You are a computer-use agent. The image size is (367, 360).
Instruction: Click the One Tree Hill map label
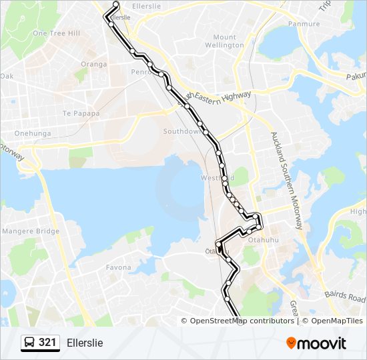[56, 33]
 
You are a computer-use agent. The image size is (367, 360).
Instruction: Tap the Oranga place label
[93, 64]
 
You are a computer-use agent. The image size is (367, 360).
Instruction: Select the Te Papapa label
[81, 113]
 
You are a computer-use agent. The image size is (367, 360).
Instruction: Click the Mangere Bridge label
[31, 231]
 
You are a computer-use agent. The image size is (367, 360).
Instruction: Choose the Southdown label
[182, 131]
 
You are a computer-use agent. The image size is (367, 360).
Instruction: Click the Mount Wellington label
[224, 41]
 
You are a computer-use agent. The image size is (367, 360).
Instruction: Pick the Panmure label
[304, 24]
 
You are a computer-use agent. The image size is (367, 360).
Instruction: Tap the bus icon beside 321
[30, 343]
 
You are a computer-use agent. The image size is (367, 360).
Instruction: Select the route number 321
[47, 343]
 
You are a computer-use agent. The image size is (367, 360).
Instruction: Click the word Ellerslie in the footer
[85, 343]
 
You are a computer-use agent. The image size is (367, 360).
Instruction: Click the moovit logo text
[323, 343]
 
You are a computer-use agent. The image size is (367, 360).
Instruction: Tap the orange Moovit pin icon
[291, 343]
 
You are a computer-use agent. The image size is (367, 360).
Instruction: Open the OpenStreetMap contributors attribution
[242, 321]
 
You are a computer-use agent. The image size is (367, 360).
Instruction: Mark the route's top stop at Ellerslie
[116, 4]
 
